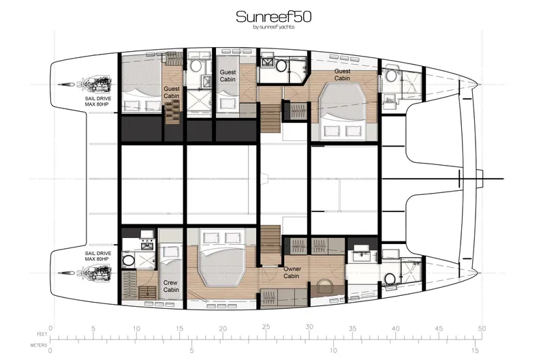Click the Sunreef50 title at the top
274,16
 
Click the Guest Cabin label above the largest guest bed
342,74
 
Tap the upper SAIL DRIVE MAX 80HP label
96,102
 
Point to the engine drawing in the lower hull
95,273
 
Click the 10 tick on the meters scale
332,352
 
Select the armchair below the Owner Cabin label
325,286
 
